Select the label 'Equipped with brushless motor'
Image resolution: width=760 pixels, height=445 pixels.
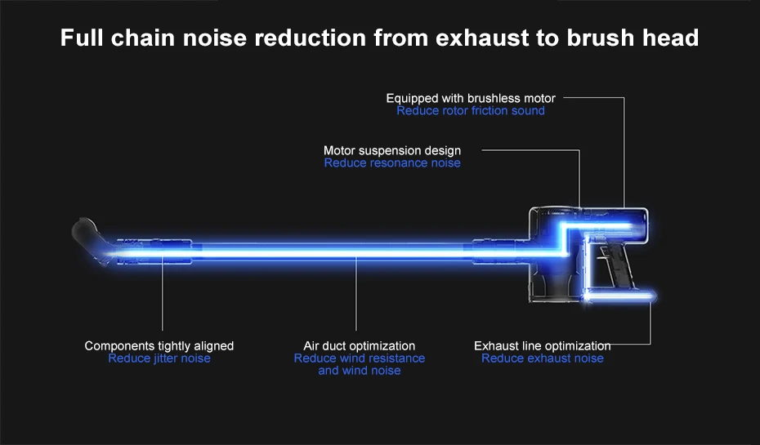[471, 98]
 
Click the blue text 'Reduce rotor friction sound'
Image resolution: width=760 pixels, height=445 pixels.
[471, 110]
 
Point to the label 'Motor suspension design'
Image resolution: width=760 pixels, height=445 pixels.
[392, 150]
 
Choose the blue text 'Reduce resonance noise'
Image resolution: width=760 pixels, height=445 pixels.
[392, 162]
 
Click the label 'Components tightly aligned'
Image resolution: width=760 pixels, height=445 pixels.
[159, 346]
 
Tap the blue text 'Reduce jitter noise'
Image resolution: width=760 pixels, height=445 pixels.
[159, 358]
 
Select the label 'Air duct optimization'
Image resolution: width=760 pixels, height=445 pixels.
[360, 346]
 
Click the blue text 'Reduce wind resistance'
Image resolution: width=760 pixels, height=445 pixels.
[360, 358]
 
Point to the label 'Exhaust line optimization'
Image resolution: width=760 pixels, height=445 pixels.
[543, 346]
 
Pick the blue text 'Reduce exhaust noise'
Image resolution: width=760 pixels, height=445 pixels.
[543, 358]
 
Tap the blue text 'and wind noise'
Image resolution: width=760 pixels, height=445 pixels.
[360, 371]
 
